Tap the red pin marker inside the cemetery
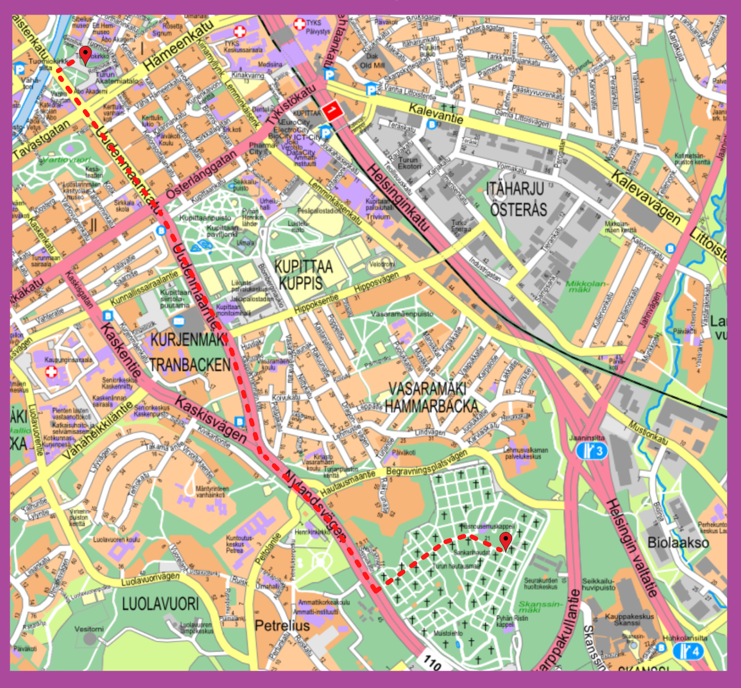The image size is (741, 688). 505,540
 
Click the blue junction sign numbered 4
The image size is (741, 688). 689,651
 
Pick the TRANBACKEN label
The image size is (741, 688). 190,365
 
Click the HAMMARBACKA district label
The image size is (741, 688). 432,406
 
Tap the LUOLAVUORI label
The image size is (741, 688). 160,603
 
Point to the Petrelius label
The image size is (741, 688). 282,626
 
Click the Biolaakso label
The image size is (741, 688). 678,542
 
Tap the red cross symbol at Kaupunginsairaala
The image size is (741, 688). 51,372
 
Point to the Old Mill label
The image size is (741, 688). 372,65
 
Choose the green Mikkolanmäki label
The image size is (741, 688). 586,286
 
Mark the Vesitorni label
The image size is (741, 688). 89,629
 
